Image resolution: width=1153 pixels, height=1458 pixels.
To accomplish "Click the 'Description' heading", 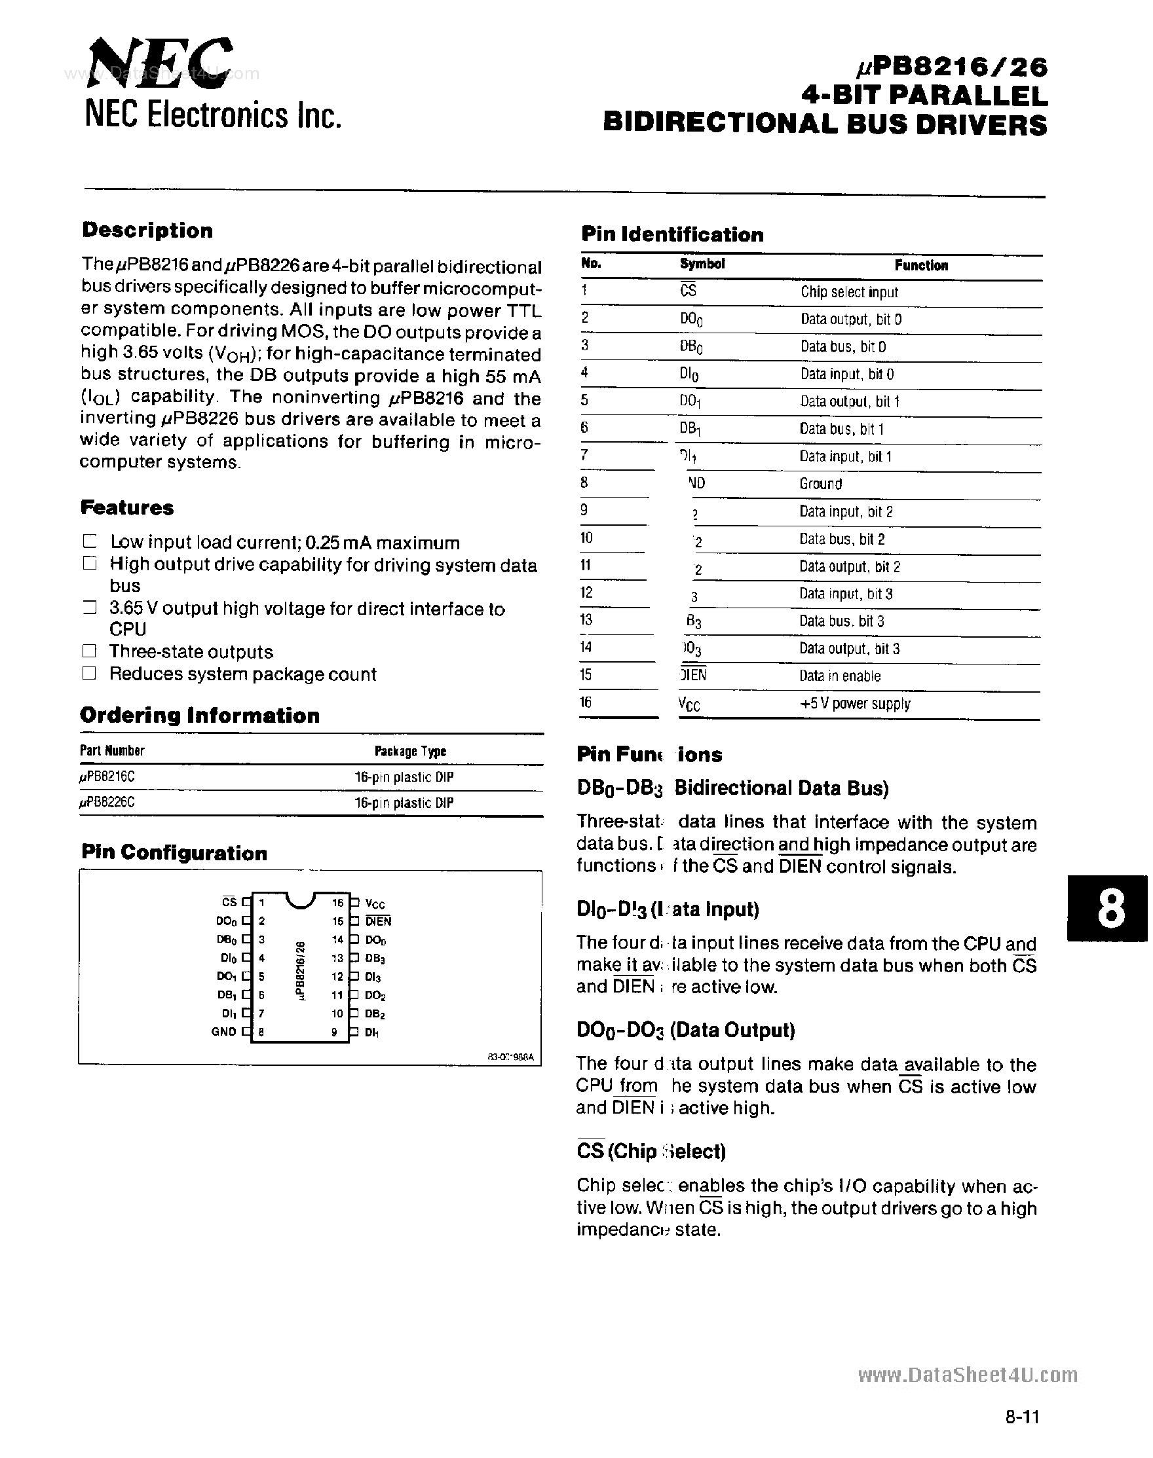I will tap(147, 230).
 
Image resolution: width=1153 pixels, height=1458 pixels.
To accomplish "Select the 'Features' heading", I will tap(127, 508).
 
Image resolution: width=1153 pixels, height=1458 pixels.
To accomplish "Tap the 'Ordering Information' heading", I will tap(200, 716).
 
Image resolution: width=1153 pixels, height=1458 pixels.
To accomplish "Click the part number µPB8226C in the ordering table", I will tap(107, 803).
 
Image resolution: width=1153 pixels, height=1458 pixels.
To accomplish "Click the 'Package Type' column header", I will tap(409, 752).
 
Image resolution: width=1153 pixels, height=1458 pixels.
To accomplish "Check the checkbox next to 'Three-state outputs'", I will tap(89, 651).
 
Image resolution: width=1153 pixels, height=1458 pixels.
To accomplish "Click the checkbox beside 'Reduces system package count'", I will tap(89, 673).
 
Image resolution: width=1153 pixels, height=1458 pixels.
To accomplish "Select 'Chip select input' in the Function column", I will tap(849, 292).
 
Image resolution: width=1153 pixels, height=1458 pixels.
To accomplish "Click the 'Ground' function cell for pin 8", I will tap(820, 484).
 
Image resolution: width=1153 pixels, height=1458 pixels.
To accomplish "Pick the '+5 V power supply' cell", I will tap(855, 704).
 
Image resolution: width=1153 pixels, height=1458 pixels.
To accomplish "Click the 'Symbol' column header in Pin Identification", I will tap(702, 264).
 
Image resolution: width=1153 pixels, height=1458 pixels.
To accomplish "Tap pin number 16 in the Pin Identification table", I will tap(585, 702).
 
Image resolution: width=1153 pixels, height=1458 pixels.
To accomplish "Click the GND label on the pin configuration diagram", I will tap(223, 1032).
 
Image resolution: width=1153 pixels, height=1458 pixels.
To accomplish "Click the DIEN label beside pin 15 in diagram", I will tap(378, 922).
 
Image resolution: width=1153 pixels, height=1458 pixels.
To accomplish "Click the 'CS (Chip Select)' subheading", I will tap(651, 1151).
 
